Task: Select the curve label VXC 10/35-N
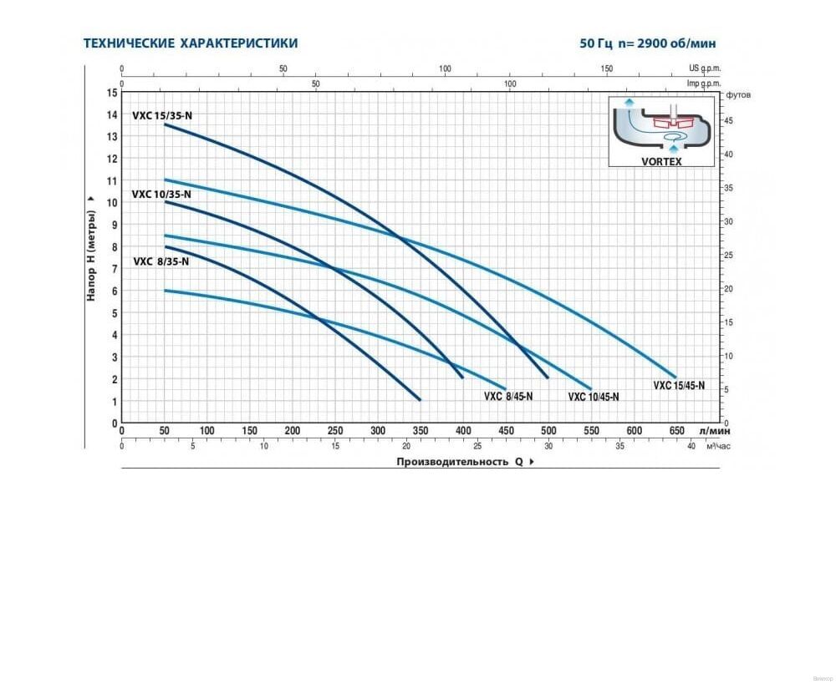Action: click(161, 194)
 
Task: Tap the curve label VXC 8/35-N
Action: click(161, 261)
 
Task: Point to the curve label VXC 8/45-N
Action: click(508, 396)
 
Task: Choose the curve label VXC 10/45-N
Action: click(594, 397)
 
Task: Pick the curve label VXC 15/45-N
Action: click(679, 385)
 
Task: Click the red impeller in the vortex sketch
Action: click(674, 124)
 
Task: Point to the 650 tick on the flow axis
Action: click(676, 431)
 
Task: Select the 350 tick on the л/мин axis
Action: click(420, 431)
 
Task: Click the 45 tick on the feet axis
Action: click(729, 121)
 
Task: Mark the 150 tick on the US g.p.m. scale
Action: click(606, 69)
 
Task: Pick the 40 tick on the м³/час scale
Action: click(691, 447)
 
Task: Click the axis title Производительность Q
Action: click(459, 461)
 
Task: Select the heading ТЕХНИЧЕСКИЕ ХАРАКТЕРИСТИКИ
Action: click(191, 43)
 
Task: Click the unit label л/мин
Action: click(715, 431)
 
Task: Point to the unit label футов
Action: click(738, 94)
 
